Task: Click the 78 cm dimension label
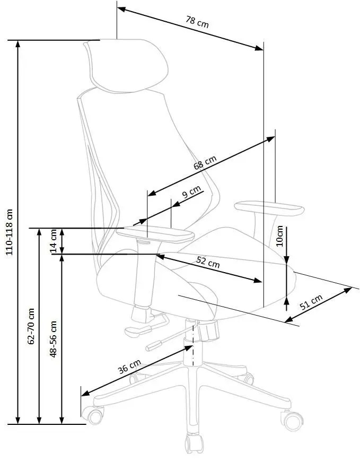pos(197,22)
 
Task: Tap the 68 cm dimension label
pos(205,162)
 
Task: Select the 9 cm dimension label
pos(191,192)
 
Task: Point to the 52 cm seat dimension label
pos(208,261)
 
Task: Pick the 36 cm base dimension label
pos(129,366)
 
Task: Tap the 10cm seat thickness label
pos(280,236)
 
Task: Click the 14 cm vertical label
pos(54,241)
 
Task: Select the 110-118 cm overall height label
pos(10,232)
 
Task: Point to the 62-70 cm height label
pos(31,326)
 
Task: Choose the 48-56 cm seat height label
pos(54,339)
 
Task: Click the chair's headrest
pos(126,66)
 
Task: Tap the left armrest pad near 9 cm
pos(155,234)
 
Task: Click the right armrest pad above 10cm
pos(269,208)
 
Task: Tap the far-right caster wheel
pos(292,421)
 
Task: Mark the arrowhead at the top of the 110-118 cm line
pos(17,43)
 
